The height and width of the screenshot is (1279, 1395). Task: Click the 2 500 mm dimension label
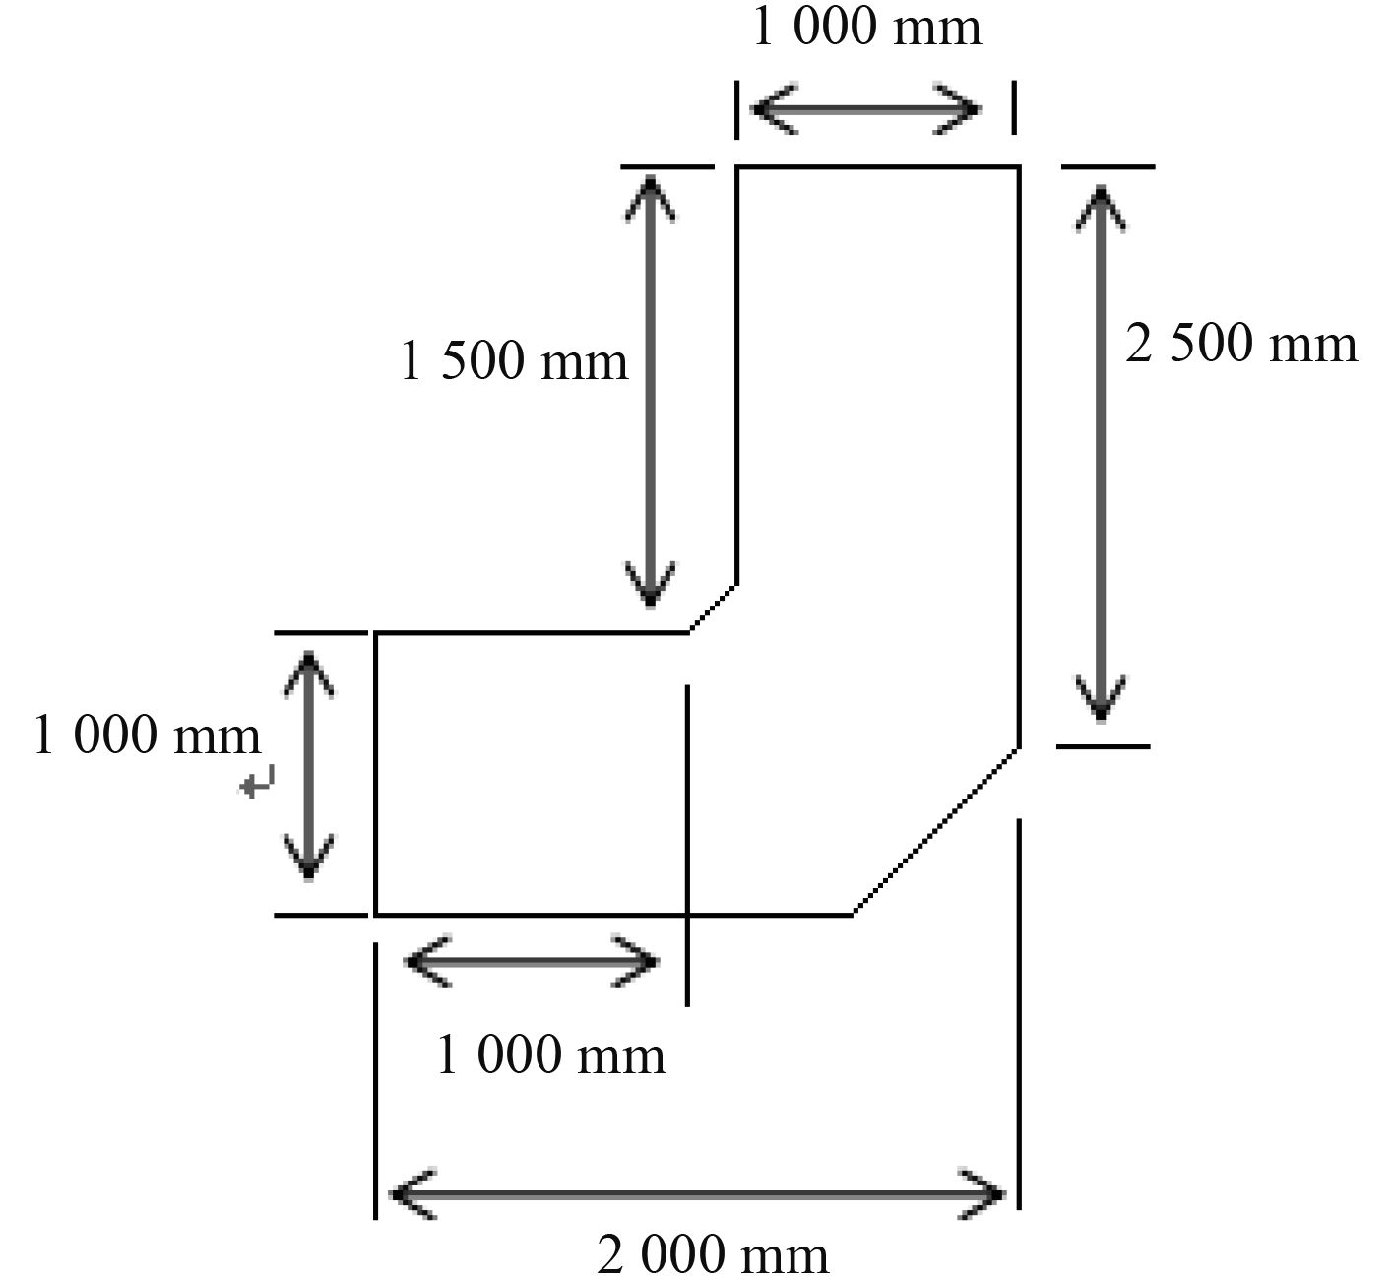pyautogui.click(x=1240, y=345)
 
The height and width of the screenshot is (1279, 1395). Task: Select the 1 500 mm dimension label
pyautogui.click(x=513, y=360)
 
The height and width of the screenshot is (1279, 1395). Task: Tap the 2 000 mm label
pyautogui.click(x=712, y=1255)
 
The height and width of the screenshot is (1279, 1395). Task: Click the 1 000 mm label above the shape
pyautogui.click(x=866, y=28)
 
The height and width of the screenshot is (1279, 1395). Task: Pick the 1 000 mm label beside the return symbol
pyautogui.click(x=147, y=735)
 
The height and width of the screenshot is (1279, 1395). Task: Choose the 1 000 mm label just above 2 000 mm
pyautogui.click(x=550, y=1055)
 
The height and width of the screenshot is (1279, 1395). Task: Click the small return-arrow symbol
pyautogui.click(x=258, y=783)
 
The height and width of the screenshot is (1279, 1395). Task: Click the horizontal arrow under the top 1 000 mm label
pyautogui.click(x=866, y=108)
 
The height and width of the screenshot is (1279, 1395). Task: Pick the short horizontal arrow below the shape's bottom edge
pyautogui.click(x=532, y=961)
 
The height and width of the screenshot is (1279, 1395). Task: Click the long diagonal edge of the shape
pyautogui.click(x=935, y=830)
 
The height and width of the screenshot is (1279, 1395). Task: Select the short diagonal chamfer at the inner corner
pyautogui.click(x=713, y=608)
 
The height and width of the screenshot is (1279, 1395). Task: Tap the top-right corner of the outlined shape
pyautogui.click(x=1018, y=168)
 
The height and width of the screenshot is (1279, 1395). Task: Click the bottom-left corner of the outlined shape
pyautogui.click(x=376, y=914)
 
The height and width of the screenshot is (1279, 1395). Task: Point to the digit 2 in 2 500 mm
pyautogui.click(x=1139, y=345)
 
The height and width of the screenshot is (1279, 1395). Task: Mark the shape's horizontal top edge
pyautogui.click(x=876, y=168)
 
